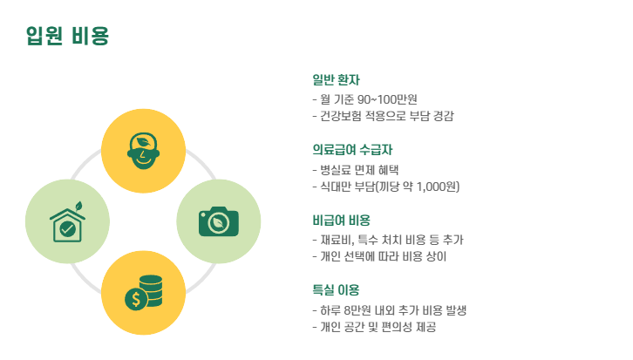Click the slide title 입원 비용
coord(67,36)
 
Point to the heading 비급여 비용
coord(341,220)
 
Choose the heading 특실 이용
coord(336,289)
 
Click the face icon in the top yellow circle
coord(143,150)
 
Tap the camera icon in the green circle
coord(218,221)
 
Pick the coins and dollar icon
coord(144,293)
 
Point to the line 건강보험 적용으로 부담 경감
coord(383,116)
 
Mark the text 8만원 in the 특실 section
coord(359,309)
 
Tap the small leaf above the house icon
coord(78,207)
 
